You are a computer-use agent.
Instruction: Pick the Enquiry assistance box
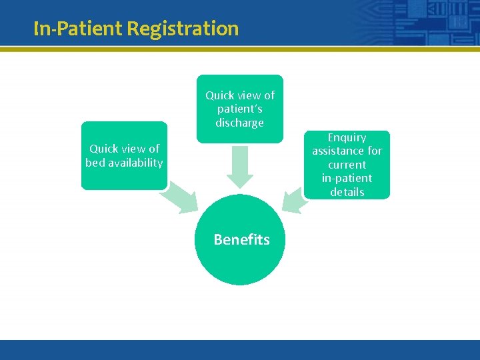(x=347, y=165)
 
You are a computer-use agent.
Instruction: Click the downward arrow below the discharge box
(x=240, y=167)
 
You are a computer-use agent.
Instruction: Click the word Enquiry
(x=347, y=137)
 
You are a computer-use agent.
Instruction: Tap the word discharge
(x=239, y=123)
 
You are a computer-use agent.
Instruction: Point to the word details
(x=347, y=192)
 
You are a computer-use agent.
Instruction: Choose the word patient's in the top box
(x=239, y=109)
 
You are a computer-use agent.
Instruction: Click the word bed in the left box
(x=95, y=163)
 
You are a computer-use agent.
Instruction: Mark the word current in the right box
(x=347, y=165)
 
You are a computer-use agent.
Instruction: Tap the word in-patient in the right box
(x=347, y=178)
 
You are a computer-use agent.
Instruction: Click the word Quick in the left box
(x=104, y=149)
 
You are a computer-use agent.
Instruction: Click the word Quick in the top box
(x=220, y=95)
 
